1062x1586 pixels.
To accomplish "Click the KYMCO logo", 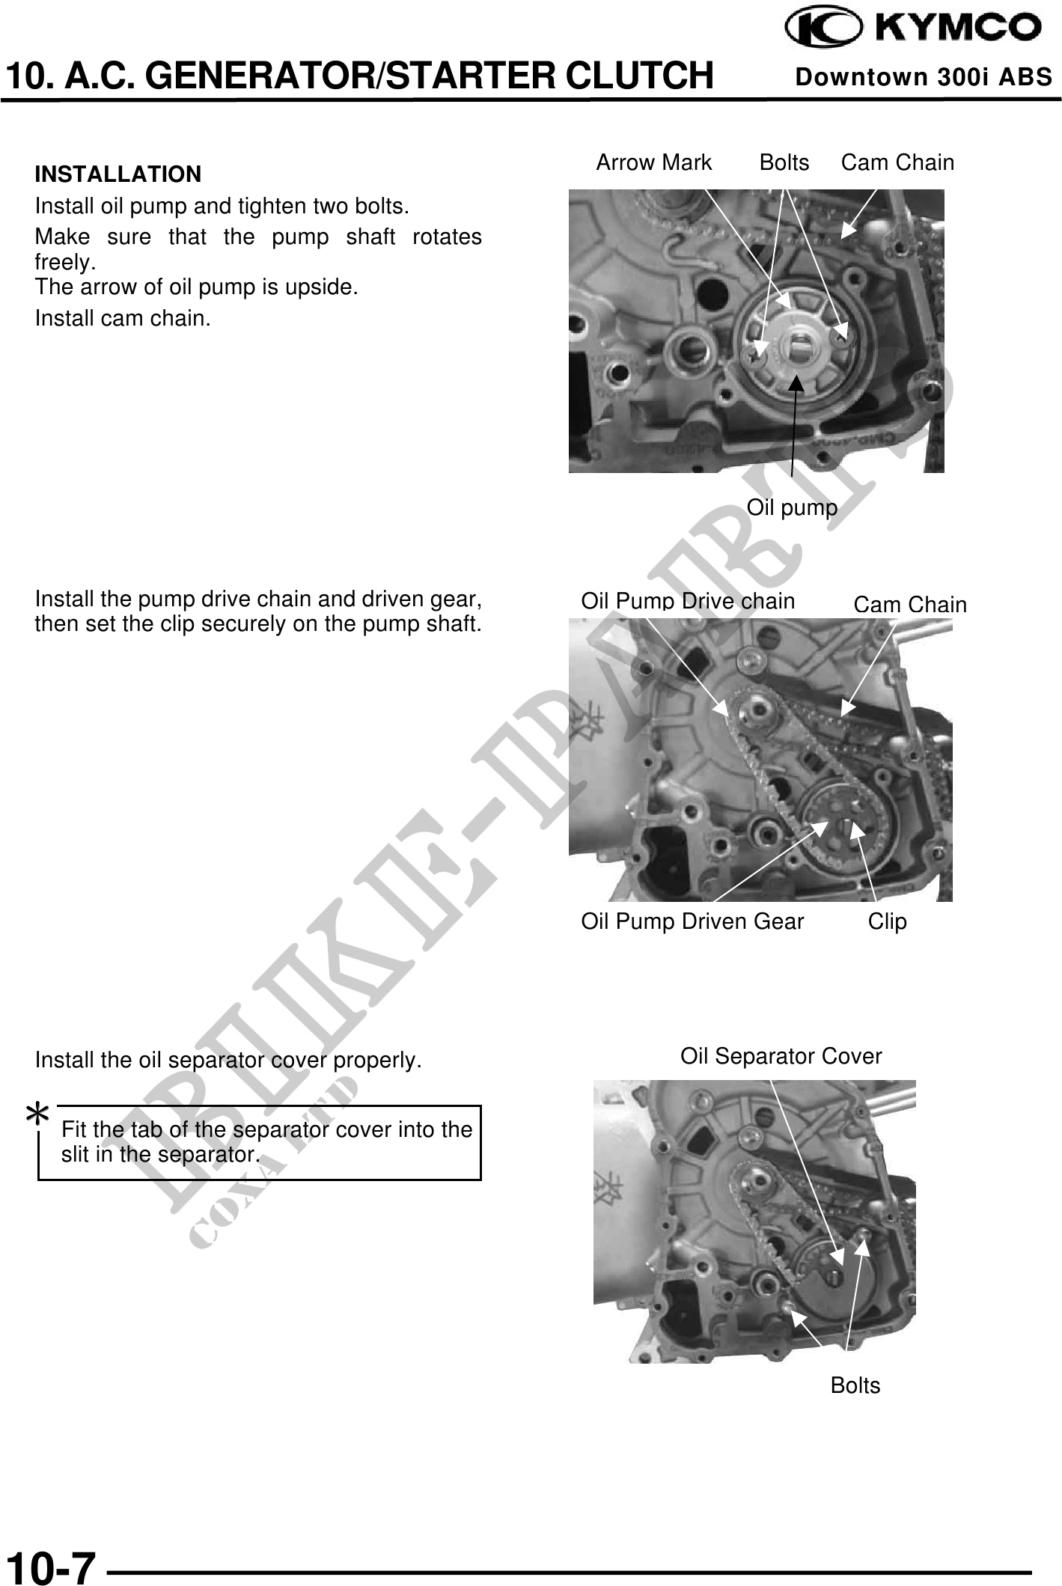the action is [x=912, y=28].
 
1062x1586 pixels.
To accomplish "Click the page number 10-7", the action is [x=52, y=1566].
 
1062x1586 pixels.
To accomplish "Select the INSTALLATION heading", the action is [x=118, y=174].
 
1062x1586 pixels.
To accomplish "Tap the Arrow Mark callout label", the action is [x=653, y=162].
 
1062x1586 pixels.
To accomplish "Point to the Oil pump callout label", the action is [x=792, y=508].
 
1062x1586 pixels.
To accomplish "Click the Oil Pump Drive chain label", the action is [x=688, y=600].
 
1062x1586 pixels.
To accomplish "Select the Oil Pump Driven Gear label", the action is [x=692, y=921].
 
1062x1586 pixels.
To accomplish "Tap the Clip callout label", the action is [x=887, y=921].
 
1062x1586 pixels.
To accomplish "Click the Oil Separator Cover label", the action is [x=781, y=1056].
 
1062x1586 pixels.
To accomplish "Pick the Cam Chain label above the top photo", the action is [x=897, y=162].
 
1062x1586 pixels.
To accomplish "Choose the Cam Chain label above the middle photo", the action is [x=910, y=605].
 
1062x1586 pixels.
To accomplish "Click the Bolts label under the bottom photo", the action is [x=855, y=1385].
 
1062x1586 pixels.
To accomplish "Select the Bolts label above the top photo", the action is [x=784, y=162].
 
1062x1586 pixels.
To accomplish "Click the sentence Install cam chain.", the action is [x=123, y=319].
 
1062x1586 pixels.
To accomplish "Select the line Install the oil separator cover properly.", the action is [x=228, y=1061].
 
